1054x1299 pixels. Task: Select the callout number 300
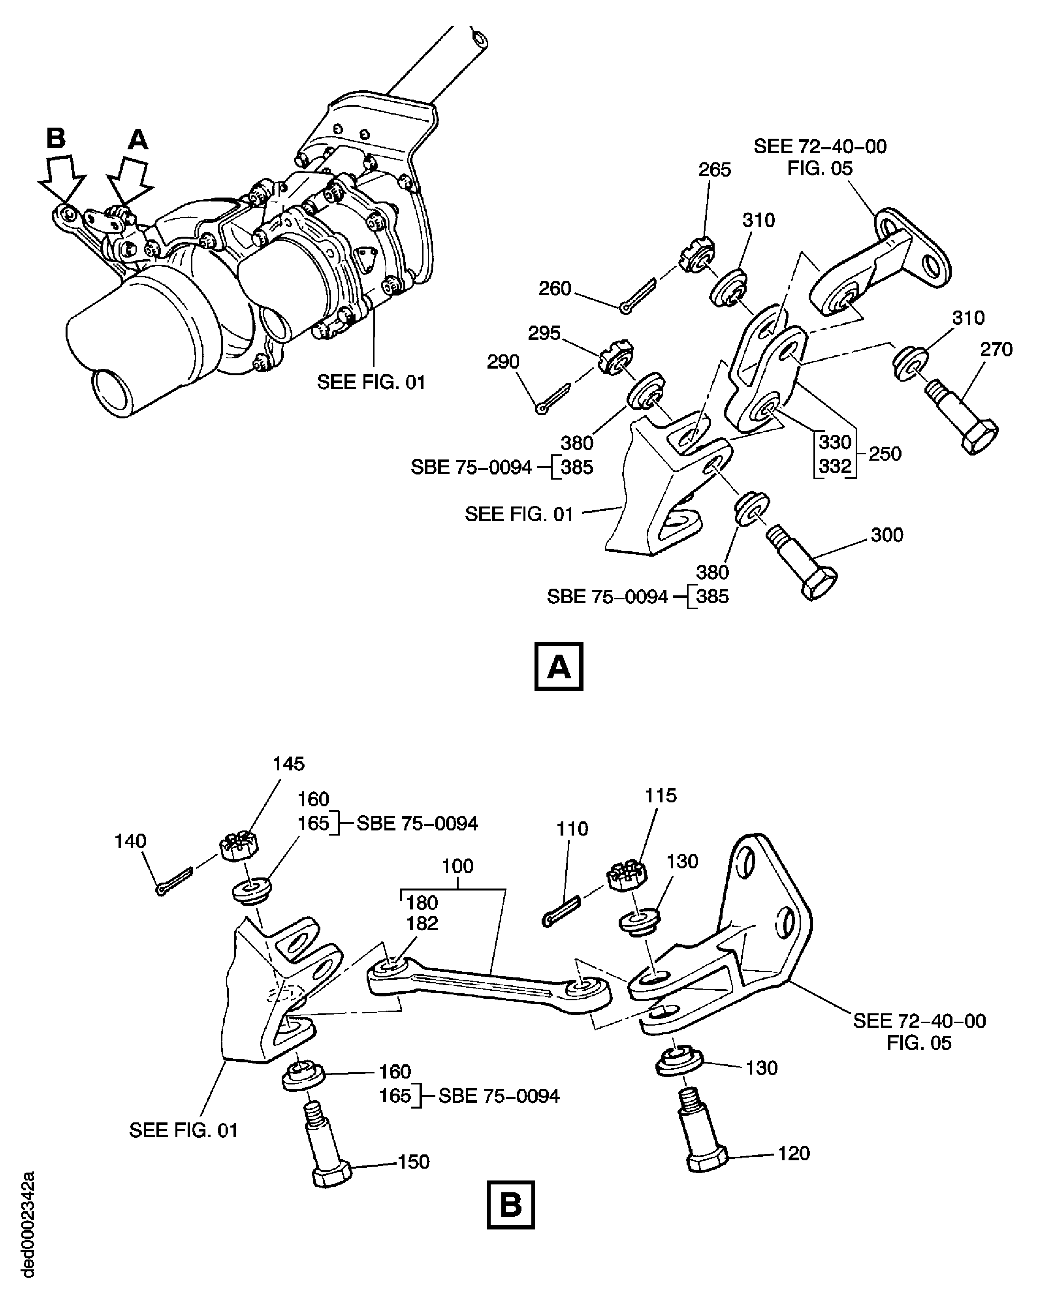[886, 535]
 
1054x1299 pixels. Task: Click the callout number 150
[414, 1162]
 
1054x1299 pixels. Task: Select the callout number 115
[660, 795]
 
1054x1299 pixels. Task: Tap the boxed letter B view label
[511, 1205]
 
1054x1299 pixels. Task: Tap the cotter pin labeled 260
[638, 296]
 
